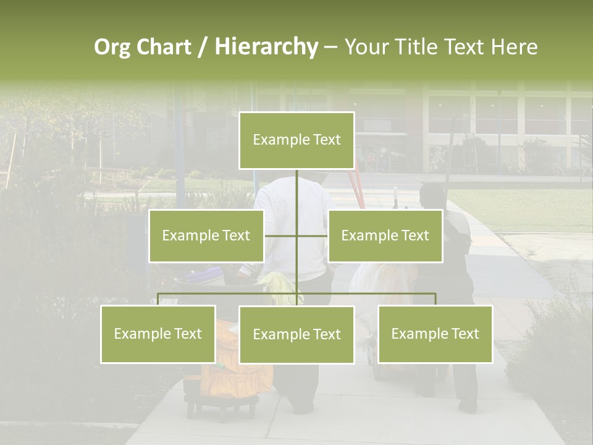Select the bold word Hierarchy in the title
(266, 47)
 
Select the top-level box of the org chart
(296, 140)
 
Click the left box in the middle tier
(206, 235)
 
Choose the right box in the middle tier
(385, 235)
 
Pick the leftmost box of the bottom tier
(158, 334)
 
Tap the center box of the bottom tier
(296, 334)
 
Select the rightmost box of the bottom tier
(435, 334)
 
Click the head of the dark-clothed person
(431, 195)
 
